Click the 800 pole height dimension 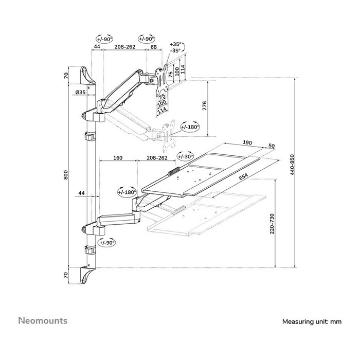66,175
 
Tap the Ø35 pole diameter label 80,92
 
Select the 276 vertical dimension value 204,106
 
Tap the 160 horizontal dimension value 117,158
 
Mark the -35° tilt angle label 175,51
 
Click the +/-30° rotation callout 185,156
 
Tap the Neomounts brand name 43,321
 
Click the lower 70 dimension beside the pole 66,276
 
